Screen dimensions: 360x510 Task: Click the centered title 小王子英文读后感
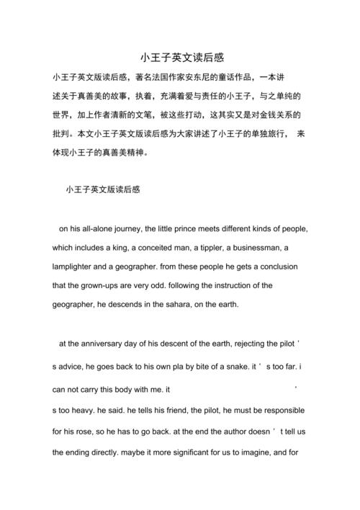pos(180,56)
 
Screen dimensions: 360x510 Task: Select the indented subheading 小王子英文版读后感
pos(102,190)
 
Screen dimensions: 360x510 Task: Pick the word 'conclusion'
pos(287,267)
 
